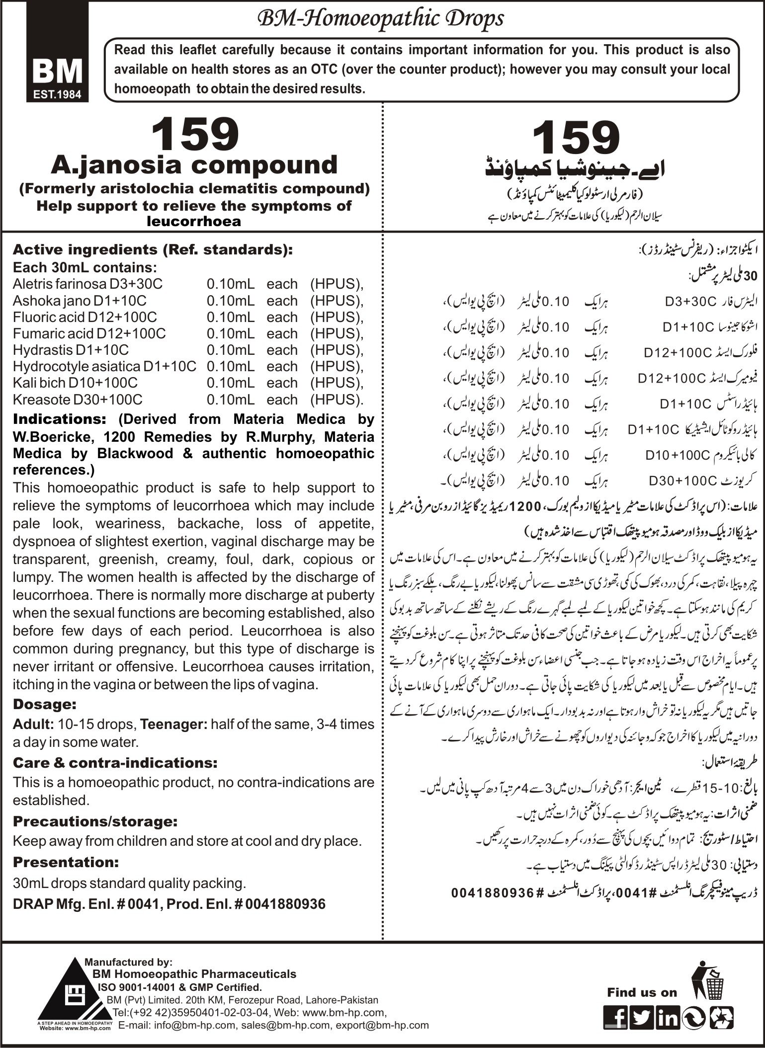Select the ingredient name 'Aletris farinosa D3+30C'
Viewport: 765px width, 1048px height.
point(87,284)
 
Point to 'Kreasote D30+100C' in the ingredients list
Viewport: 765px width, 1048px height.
point(78,399)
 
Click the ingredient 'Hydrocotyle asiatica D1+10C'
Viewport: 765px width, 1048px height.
point(104,366)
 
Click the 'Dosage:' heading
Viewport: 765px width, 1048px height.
point(45,704)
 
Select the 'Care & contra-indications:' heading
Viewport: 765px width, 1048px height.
point(115,763)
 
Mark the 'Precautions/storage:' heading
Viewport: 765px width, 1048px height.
point(95,822)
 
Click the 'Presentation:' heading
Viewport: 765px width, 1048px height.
point(66,861)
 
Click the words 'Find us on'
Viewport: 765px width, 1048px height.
point(642,978)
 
